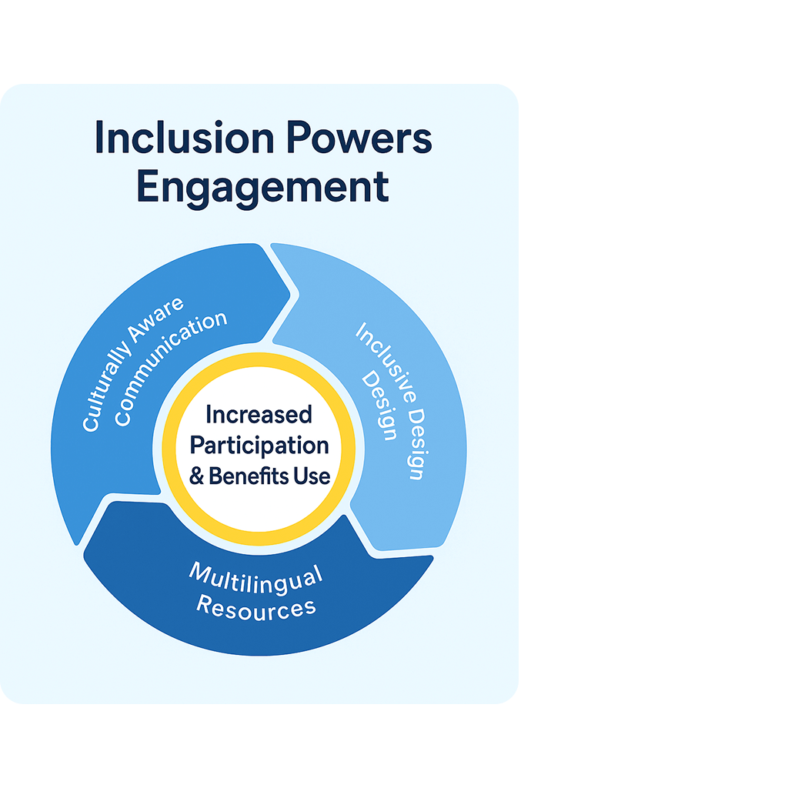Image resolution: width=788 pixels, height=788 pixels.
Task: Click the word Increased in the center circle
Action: pos(259,416)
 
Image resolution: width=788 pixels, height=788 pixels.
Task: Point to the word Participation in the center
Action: pos(259,446)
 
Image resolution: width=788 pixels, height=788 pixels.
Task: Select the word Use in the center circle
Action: pos(311,476)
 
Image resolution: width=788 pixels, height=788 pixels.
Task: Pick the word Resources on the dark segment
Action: pos(256,607)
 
